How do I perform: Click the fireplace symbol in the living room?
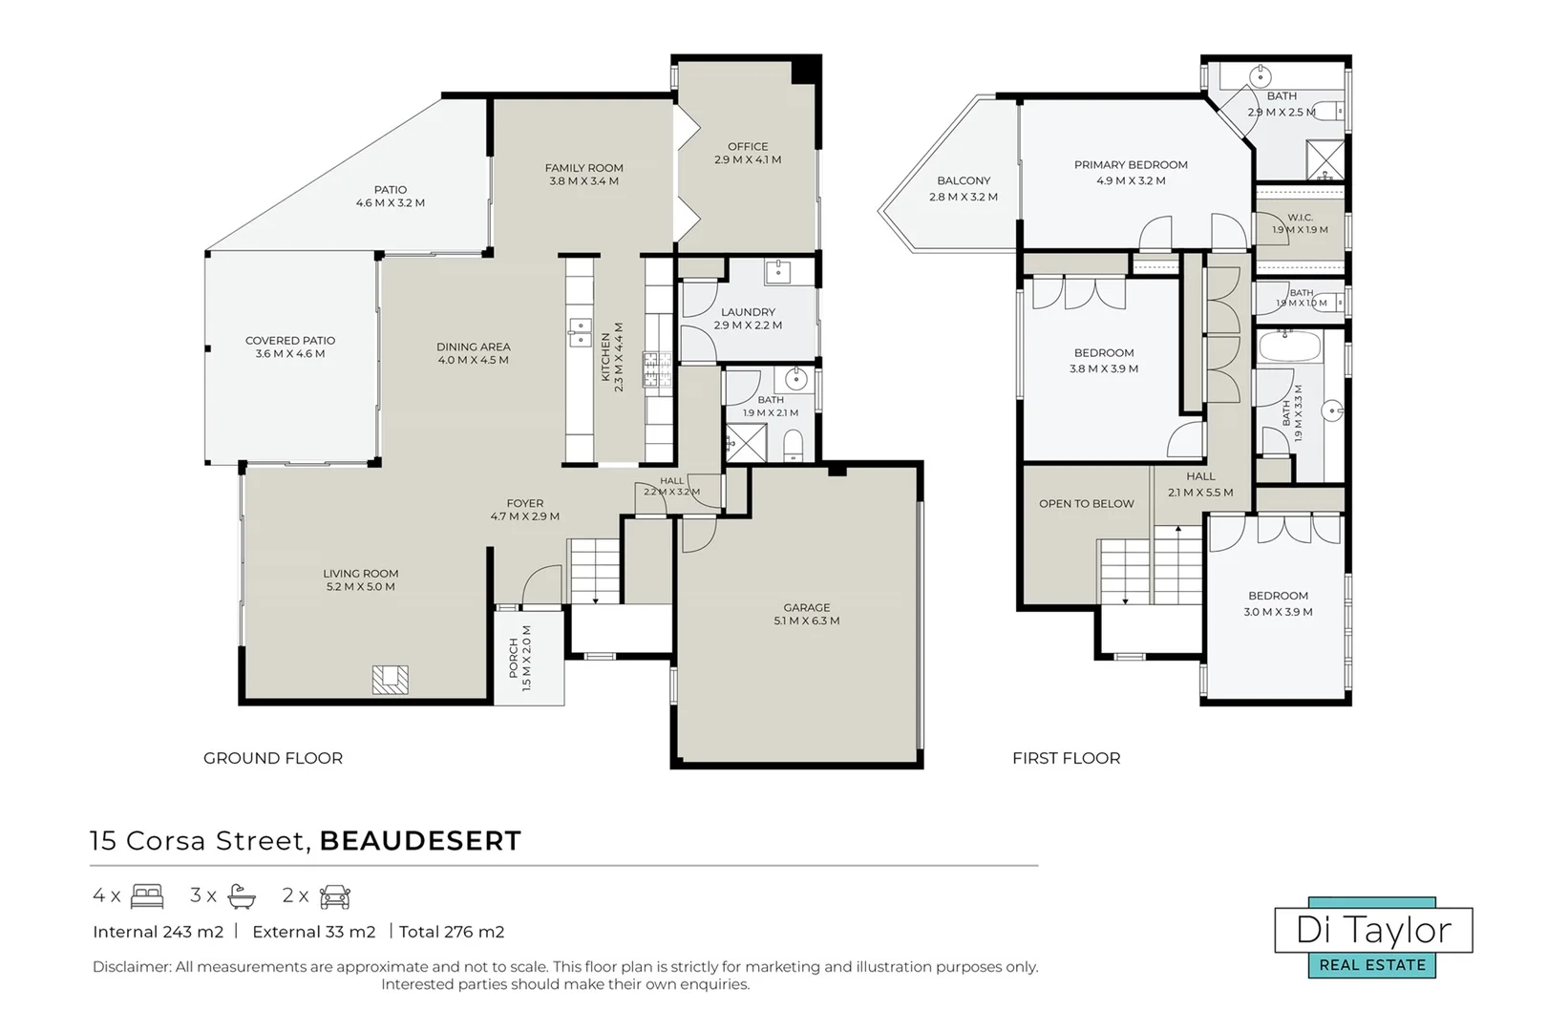[391, 680]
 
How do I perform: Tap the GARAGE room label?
[807, 608]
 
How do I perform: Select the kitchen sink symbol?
[580, 333]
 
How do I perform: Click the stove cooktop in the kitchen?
[658, 369]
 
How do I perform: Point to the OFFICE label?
[748, 146]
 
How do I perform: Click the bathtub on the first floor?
[1289, 347]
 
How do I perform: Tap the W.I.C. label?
[1301, 218]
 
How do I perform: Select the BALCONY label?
[964, 181]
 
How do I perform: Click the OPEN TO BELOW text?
[1087, 504]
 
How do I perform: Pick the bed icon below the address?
[147, 895]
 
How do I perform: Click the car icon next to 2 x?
[335, 896]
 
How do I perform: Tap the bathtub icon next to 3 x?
[242, 896]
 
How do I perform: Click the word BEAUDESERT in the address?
[420, 841]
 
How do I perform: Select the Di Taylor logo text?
[1373, 931]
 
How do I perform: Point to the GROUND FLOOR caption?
[273, 758]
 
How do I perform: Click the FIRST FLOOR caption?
[1067, 758]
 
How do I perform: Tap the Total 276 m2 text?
[452, 933]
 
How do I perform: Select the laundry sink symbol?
[779, 272]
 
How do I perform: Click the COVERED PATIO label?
[290, 341]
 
